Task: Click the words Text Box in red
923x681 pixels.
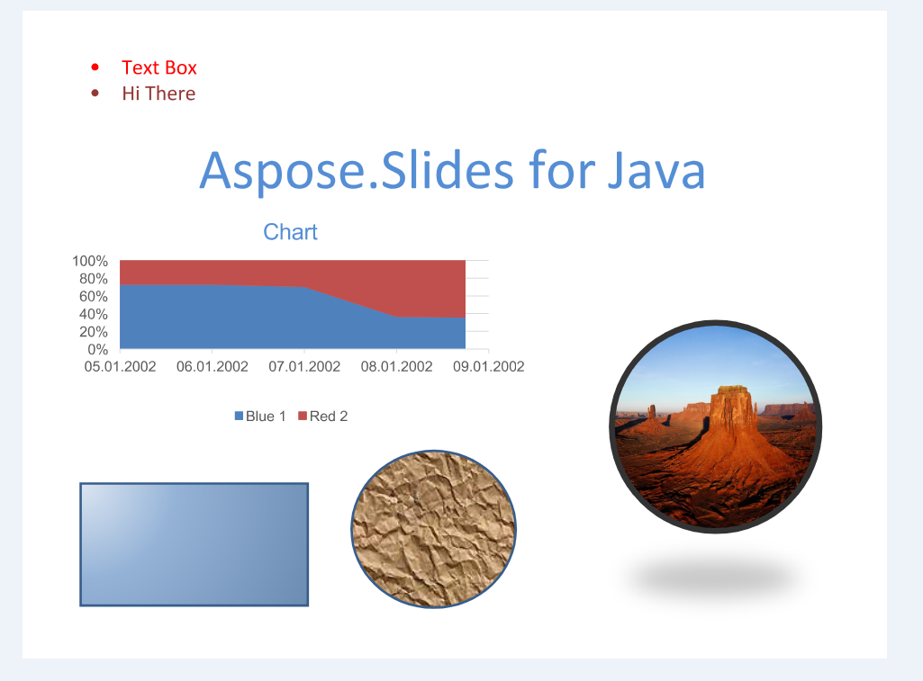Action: [x=158, y=67]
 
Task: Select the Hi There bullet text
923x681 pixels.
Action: [x=158, y=94]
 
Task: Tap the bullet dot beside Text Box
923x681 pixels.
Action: [x=95, y=67]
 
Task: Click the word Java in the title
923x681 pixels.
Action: [x=656, y=171]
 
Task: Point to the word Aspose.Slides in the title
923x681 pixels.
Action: [x=357, y=172]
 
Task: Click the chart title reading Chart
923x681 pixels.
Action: [x=290, y=232]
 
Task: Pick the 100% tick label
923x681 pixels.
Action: [x=90, y=261]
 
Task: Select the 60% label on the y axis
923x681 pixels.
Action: [x=94, y=296]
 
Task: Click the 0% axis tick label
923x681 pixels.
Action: [x=98, y=349]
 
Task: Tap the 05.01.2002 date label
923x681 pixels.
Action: [x=120, y=366]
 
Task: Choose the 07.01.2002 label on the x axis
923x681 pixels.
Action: [x=304, y=366]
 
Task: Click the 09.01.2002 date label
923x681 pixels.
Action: [x=489, y=366]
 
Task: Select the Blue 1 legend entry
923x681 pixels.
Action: [x=260, y=417]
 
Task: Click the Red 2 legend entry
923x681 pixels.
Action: [x=323, y=417]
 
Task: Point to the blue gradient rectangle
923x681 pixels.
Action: [x=195, y=544]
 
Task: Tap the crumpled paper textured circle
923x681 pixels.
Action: [x=434, y=529]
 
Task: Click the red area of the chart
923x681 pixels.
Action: [x=412, y=282]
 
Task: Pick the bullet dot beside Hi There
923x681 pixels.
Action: [x=95, y=93]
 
